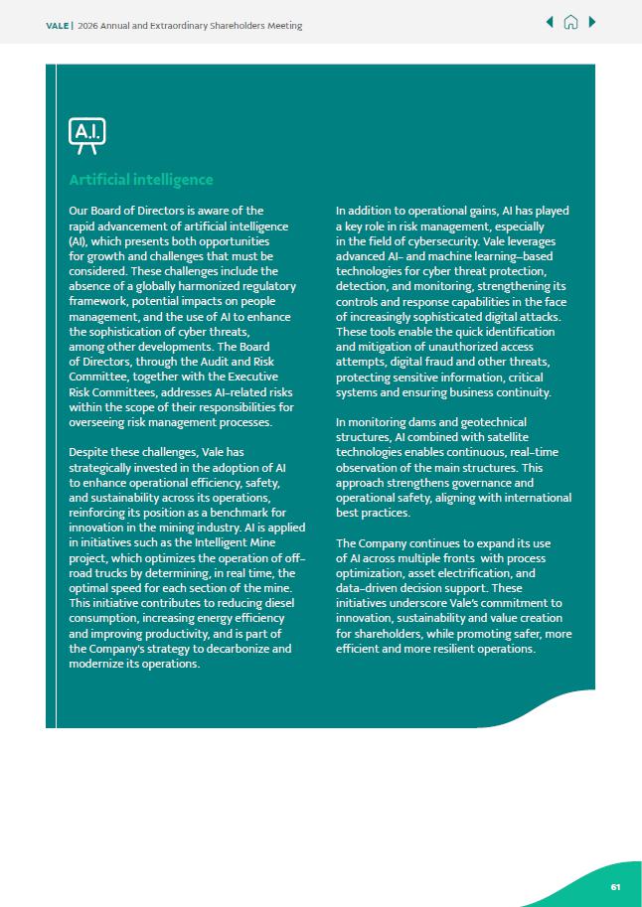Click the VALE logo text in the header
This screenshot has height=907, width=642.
(58, 26)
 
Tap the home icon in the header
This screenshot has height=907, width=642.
(570, 23)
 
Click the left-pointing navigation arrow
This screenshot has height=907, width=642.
(550, 23)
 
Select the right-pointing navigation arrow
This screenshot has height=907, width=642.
(592, 23)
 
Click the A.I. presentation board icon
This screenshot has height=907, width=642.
(86, 135)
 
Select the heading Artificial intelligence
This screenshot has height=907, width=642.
(140, 180)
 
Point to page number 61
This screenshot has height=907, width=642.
(615, 886)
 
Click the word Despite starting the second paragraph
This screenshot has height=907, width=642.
(88, 452)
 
